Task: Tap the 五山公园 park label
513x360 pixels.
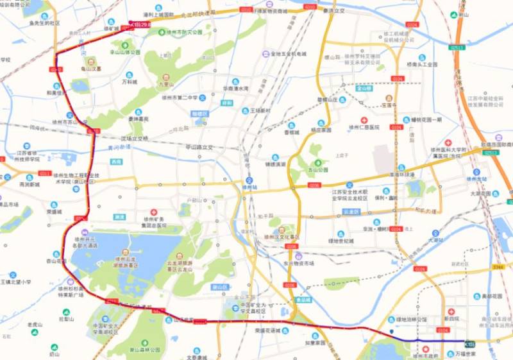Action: pos(315,170)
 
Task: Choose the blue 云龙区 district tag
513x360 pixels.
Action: pos(351,211)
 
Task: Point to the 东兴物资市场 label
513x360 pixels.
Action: pos(299,263)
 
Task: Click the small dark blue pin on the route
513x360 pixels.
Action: pos(391,331)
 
